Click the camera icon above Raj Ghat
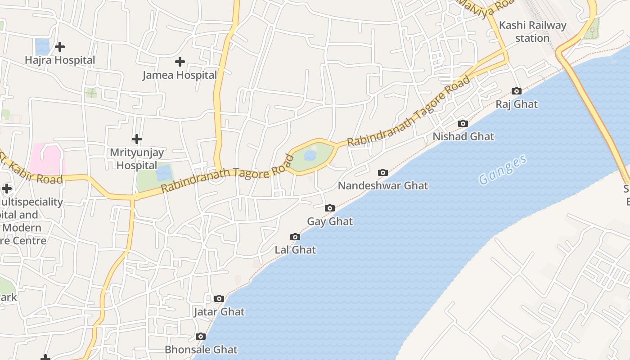(517, 91)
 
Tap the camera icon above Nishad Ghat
(463, 124)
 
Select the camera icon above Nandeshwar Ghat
(383, 173)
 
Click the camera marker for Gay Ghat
(330, 208)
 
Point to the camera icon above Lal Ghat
(295, 237)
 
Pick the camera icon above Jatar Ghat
(219, 299)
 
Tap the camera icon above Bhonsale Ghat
(201, 337)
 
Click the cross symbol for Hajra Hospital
(59, 47)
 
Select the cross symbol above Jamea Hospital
(180, 62)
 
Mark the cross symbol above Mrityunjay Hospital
(137, 139)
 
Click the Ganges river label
(503, 170)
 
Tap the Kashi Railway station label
(533, 31)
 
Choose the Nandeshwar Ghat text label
(383, 185)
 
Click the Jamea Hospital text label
(180, 75)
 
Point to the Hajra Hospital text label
(60, 60)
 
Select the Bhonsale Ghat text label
(201, 350)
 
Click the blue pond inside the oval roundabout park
(310, 156)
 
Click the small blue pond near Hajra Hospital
(42, 46)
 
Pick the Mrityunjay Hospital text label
(137, 159)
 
